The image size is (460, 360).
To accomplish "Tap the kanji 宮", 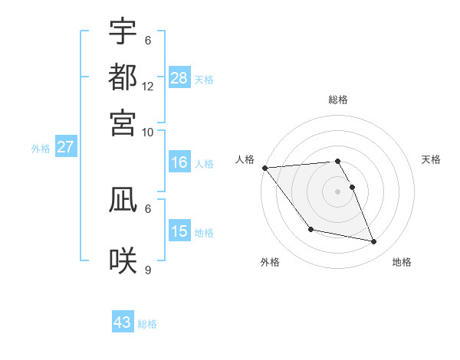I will tap(123, 122).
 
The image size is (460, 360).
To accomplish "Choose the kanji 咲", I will tap(123, 260).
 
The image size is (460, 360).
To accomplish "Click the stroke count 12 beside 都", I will tap(148, 87).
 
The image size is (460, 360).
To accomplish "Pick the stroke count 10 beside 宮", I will tap(148, 132).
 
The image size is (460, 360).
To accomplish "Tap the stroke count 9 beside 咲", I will tap(148, 270).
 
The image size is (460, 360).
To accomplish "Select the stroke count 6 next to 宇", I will tap(148, 41).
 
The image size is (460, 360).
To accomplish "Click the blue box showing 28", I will tap(179, 77).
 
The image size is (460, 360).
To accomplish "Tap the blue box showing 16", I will tap(179, 162).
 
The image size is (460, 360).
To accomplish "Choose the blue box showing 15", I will tap(179, 231).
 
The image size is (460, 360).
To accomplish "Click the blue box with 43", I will tap(123, 322).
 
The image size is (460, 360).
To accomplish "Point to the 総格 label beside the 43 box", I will tap(147, 324).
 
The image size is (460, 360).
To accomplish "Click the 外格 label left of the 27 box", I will tap(41, 149).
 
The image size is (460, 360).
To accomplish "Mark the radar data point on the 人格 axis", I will tap(264, 168).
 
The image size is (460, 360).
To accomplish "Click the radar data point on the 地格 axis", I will tap(374, 242).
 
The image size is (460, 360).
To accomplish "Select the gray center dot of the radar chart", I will tap(338, 191).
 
